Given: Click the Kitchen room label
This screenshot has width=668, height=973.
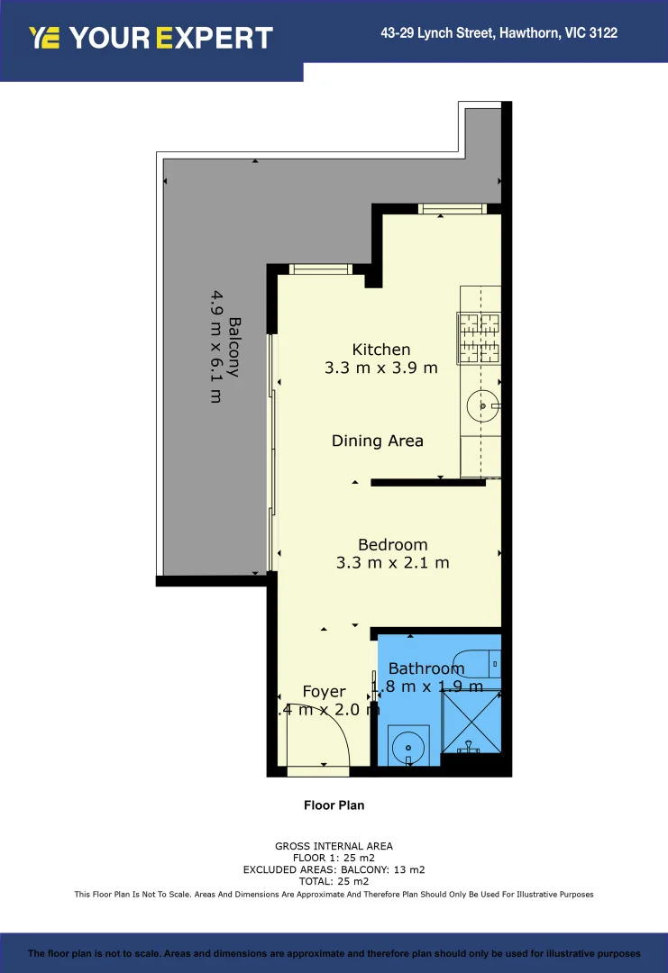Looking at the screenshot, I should (380, 350).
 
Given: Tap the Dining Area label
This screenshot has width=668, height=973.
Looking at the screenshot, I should (377, 441).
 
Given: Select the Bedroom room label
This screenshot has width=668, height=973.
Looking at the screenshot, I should (392, 544).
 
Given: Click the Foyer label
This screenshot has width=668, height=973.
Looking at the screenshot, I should (324, 691).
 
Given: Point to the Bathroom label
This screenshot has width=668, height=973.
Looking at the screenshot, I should (426, 668).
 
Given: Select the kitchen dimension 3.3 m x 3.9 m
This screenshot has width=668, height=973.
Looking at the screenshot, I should (380, 368).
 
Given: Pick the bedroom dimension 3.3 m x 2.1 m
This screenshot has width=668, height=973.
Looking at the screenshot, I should (392, 563).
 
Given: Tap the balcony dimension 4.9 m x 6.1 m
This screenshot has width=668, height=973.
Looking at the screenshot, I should (216, 346).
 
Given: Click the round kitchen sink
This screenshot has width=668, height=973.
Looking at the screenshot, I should (482, 406).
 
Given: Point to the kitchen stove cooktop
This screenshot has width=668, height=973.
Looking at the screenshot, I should (480, 338).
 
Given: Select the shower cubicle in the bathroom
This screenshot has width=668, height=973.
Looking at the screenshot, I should (469, 721).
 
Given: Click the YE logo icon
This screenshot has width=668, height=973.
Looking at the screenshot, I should (44, 38).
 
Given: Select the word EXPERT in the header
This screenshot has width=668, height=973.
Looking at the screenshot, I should (214, 38).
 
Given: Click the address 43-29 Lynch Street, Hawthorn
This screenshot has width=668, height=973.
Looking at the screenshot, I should (499, 33).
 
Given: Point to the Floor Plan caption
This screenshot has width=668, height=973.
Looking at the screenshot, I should (334, 805).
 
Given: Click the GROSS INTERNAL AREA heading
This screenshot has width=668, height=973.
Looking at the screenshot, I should (334, 846).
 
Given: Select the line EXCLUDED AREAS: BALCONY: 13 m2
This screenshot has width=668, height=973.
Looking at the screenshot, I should (334, 869).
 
